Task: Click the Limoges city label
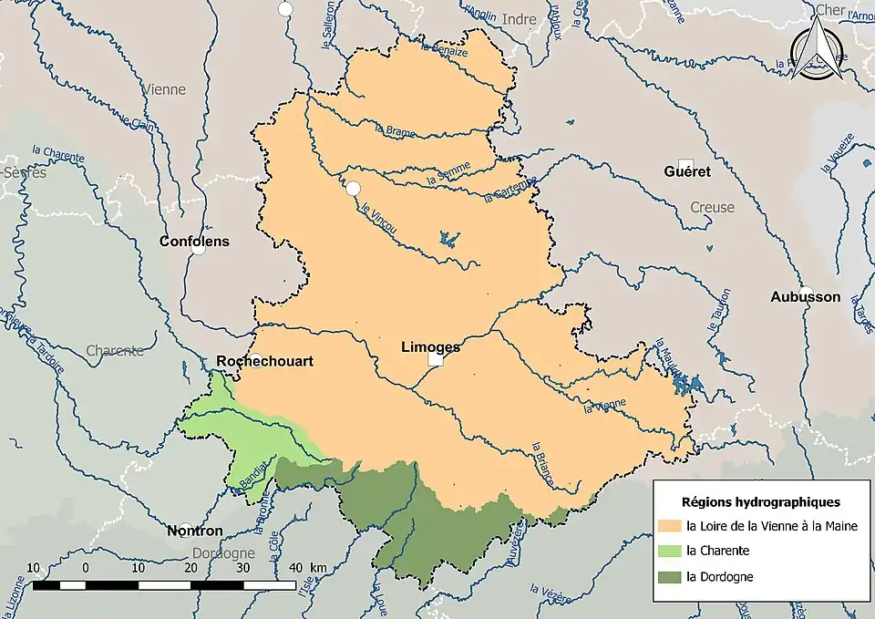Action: click(430, 346)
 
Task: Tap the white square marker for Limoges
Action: click(436, 361)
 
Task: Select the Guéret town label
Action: click(687, 170)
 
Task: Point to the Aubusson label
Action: click(805, 296)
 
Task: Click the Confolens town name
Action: click(194, 242)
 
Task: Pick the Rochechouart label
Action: click(264, 361)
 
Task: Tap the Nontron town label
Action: click(194, 531)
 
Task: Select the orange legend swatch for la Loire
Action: click(670, 526)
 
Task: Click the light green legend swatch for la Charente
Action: click(670, 551)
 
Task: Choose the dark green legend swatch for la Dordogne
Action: click(670, 576)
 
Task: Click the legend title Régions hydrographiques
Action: click(760, 501)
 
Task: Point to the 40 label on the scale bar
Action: click(297, 568)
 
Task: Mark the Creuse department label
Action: click(712, 207)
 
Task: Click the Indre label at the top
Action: click(520, 19)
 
